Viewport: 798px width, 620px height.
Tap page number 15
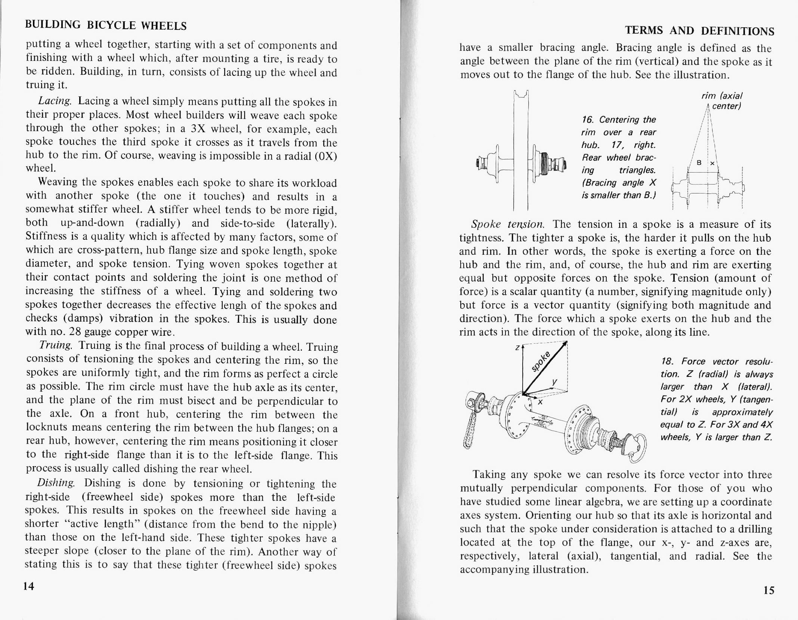click(x=768, y=590)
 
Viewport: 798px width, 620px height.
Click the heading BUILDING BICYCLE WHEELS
click(x=106, y=25)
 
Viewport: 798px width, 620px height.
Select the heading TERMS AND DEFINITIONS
click(x=700, y=31)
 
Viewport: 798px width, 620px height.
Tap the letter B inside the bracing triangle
click(x=699, y=162)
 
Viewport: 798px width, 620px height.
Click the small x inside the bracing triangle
click(x=712, y=163)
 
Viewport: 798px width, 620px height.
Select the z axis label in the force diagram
click(x=517, y=348)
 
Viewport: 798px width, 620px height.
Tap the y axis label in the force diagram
click(x=555, y=382)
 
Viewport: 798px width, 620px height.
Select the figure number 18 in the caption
click(x=666, y=362)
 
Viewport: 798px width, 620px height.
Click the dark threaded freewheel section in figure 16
click(x=544, y=163)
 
